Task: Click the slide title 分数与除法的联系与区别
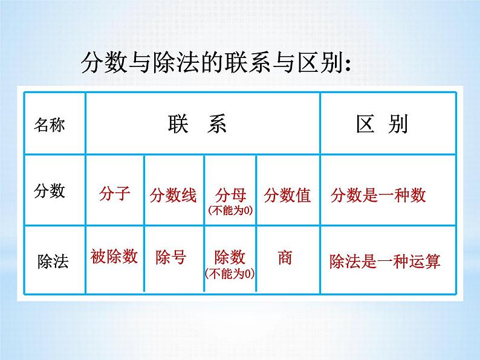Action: coord(216,63)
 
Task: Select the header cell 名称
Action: coord(50,125)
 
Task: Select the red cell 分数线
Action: coord(174,196)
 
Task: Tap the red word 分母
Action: coord(230,195)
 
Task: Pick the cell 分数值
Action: coord(287,195)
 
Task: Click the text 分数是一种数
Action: coord(378,196)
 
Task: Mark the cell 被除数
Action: coord(114,257)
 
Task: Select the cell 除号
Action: coord(170,257)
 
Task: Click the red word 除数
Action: coord(230,257)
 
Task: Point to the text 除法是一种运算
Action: coord(385,261)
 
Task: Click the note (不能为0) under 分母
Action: coord(230,210)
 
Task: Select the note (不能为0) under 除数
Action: coord(230,272)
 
